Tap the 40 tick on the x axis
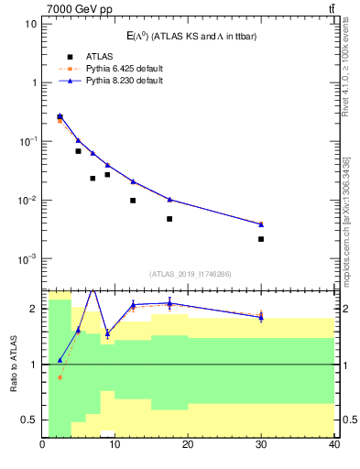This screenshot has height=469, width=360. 333,445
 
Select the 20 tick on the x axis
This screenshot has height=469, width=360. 188,445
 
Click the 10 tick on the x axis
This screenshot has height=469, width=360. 115,445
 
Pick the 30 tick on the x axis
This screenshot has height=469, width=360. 261,445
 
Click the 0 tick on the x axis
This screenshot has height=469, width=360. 43,445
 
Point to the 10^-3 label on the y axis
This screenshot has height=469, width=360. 27,259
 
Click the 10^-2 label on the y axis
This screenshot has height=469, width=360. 27,201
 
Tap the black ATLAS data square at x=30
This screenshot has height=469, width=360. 261,239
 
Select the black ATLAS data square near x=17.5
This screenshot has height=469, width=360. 169,219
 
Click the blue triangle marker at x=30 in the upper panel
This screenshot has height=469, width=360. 261,224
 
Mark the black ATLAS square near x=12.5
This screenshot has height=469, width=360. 133,201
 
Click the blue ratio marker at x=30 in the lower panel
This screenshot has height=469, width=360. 261,317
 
